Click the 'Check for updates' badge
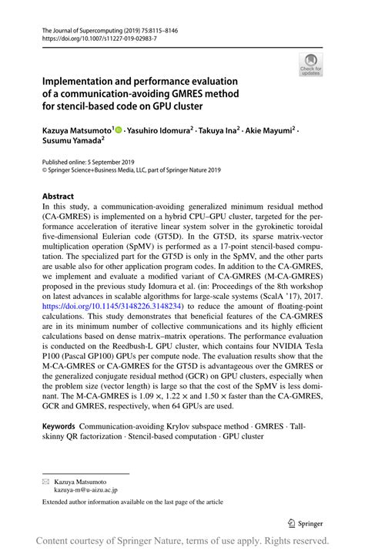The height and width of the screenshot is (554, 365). point(310,65)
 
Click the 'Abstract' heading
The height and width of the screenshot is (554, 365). point(59,196)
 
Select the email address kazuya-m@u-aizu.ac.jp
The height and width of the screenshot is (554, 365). point(86,489)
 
